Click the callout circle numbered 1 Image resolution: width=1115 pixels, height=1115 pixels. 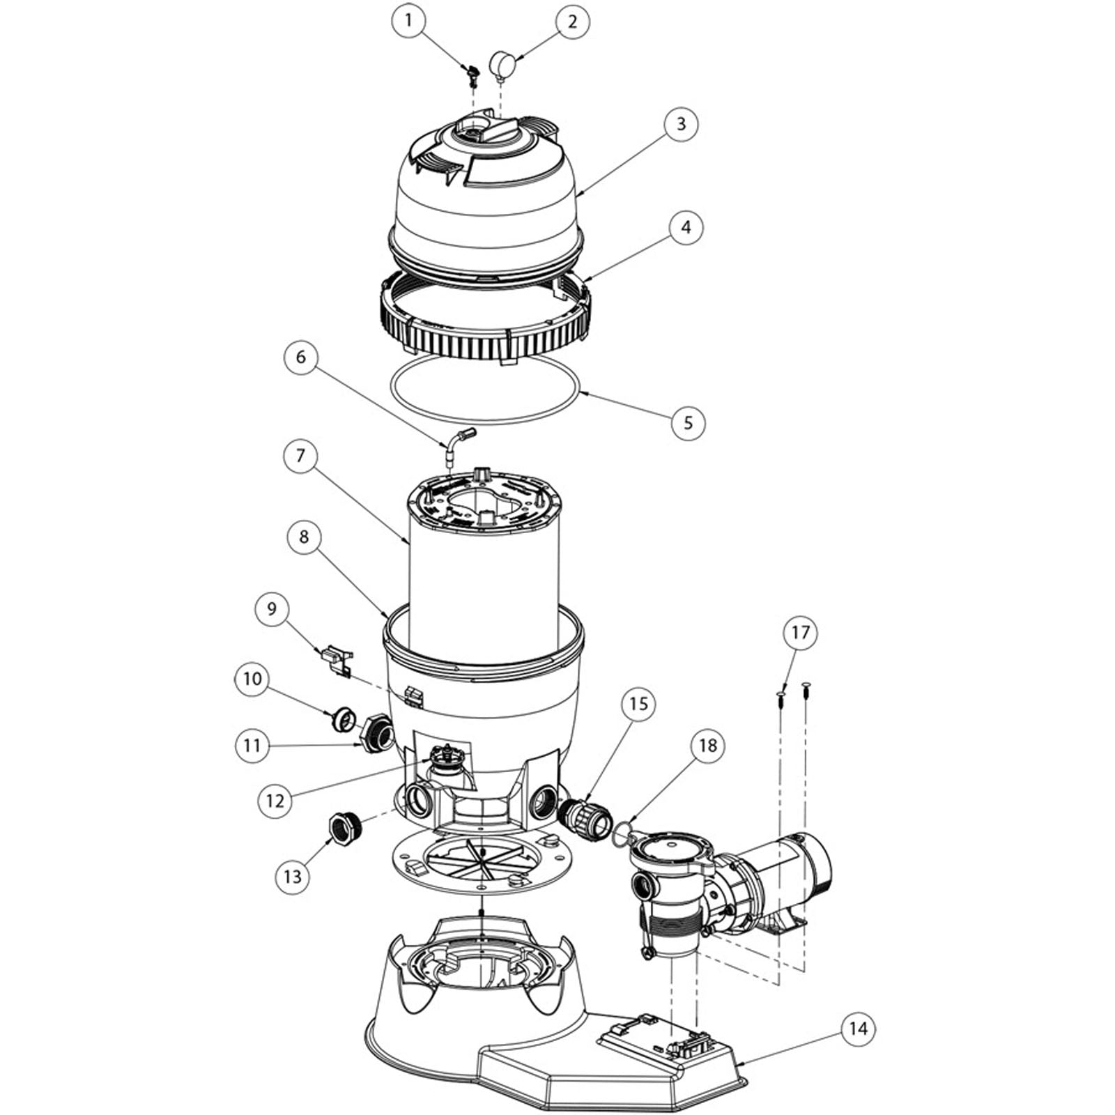pyautogui.click(x=408, y=22)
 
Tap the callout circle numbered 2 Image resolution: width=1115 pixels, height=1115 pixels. pyautogui.click(x=572, y=22)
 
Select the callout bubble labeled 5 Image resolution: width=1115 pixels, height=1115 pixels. pyautogui.click(x=688, y=423)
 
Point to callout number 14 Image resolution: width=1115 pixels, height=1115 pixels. pyautogui.click(x=858, y=1029)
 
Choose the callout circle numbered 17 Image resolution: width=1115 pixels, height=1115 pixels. pyautogui.click(x=800, y=632)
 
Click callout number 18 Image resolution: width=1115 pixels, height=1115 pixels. pyautogui.click(x=707, y=746)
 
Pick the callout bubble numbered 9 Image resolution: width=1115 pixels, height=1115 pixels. pyautogui.click(x=272, y=609)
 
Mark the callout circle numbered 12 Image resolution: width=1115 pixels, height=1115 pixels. pyautogui.click(x=275, y=801)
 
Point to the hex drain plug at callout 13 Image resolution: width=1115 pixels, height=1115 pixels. pyautogui.click(x=344, y=828)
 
